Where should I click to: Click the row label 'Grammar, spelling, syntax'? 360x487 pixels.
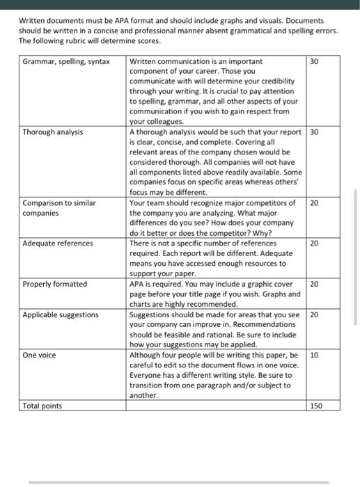point(66,61)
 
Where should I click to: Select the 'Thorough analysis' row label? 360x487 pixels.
point(52,131)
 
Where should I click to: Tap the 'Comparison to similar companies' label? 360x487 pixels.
point(58,208)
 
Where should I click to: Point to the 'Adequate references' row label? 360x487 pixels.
point(58,243)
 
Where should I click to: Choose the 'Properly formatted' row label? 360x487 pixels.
point(55,284)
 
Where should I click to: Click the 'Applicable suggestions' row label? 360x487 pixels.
point(61,314)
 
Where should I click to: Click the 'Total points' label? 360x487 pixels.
point(42,406)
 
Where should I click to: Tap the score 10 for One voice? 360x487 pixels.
point(314,355)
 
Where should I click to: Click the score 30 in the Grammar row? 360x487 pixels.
point(314,61)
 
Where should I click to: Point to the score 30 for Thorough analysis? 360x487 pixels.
point(314,131)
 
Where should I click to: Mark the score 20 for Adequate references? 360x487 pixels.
point(314,243)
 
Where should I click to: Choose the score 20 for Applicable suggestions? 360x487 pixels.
point(314,314)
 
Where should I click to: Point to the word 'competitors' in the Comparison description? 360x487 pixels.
point(267,203)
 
